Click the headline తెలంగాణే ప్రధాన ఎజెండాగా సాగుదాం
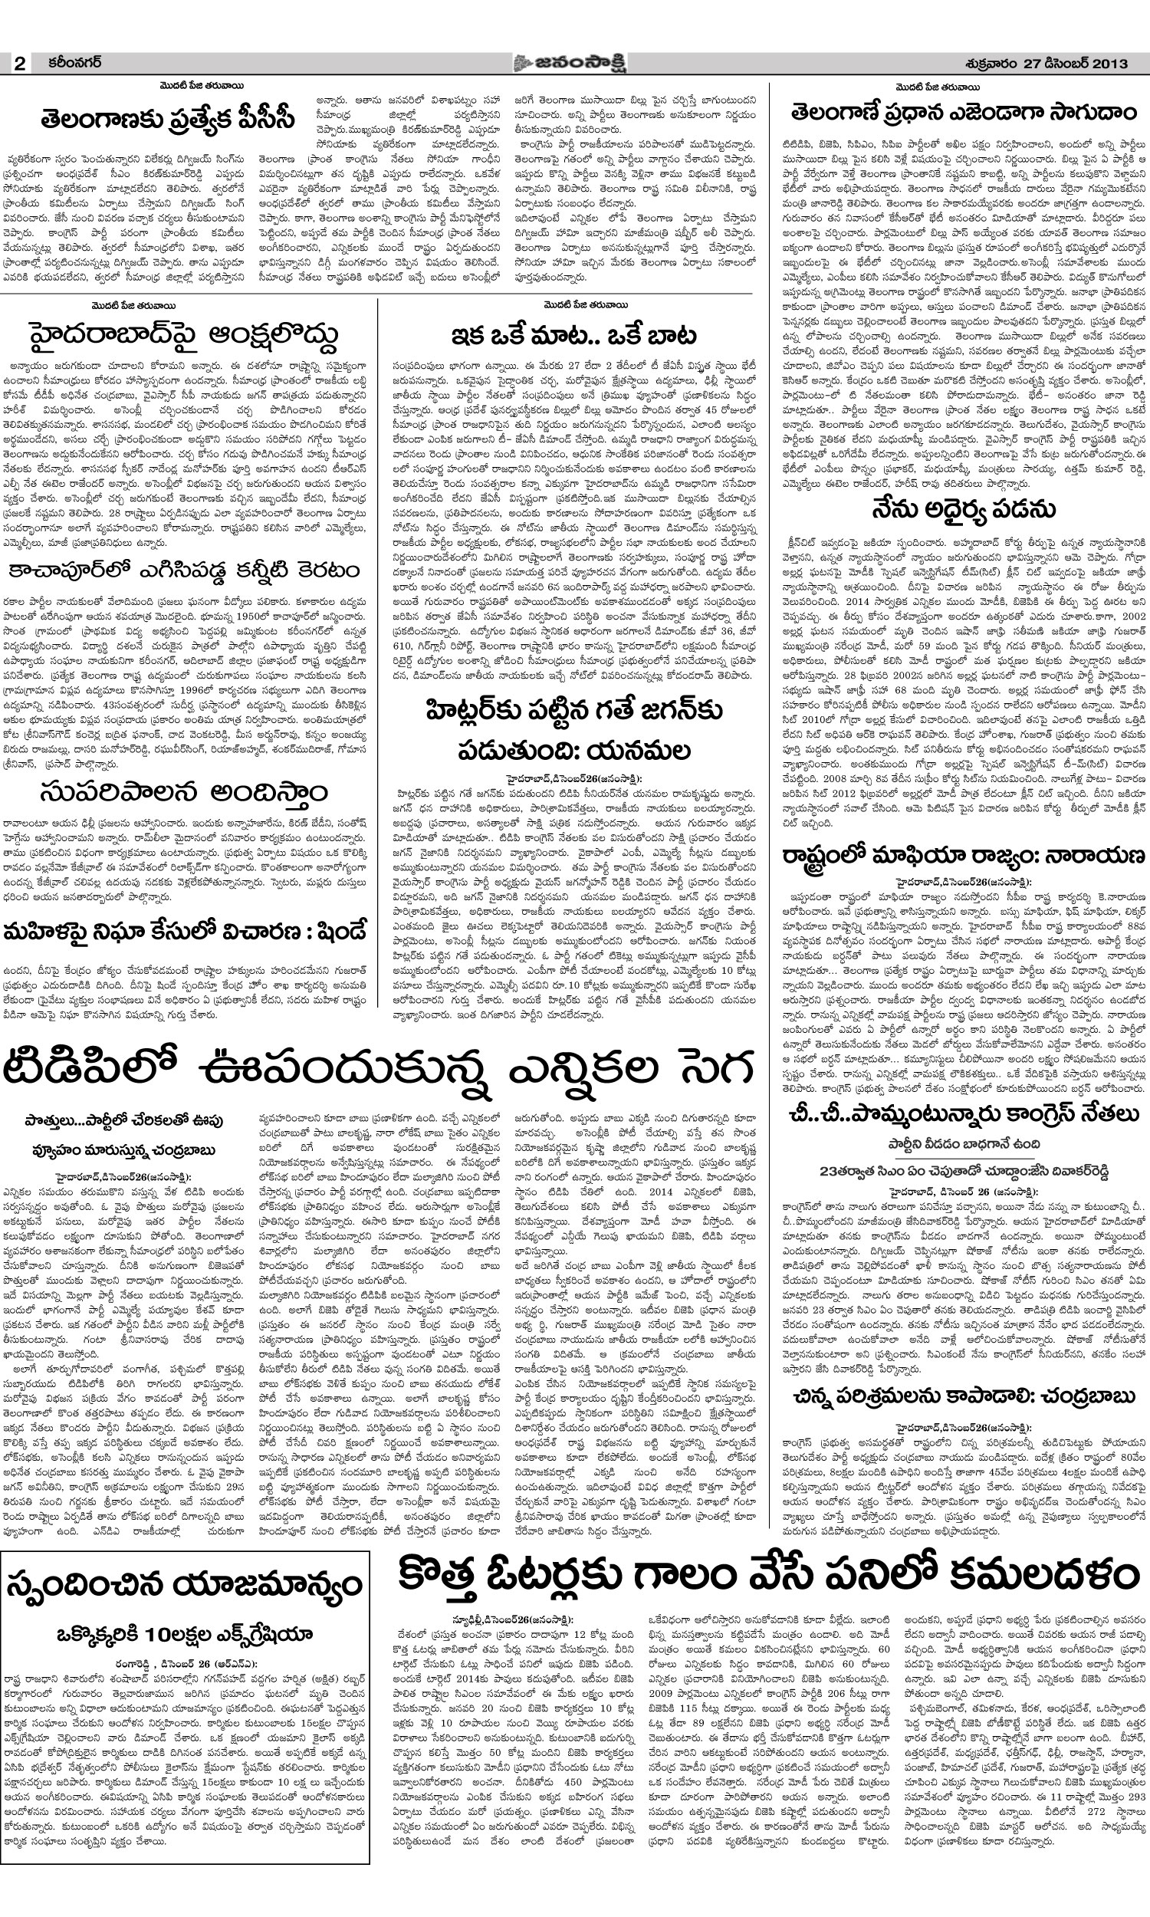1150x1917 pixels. tap(958, 113)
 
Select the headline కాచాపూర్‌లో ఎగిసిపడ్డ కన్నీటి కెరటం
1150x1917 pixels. tap(184, 570)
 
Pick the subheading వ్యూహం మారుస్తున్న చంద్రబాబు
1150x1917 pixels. tap(120, 1150)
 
